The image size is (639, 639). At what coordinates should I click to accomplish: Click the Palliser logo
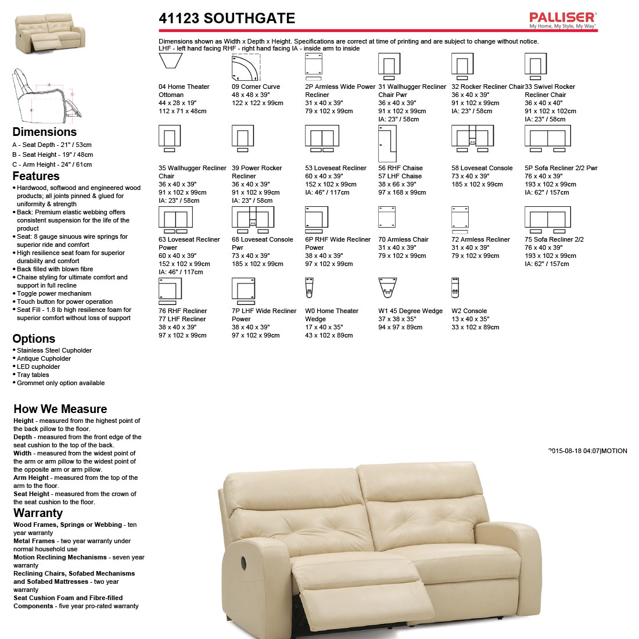point(562,20)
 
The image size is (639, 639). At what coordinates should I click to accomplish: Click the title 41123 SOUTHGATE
point(227,19)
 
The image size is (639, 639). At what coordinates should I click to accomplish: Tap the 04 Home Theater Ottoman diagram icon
point(170,61)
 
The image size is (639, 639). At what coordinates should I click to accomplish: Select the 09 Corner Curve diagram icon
point(246,67)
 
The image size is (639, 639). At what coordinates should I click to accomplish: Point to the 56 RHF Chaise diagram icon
point(387,143)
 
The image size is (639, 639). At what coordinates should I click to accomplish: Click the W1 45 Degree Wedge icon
point(387,288)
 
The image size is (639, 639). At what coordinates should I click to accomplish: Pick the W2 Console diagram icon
point(455,288)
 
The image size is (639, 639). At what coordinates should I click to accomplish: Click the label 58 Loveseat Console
point(482,168)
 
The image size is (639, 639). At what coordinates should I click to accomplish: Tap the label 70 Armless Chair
point(403,239)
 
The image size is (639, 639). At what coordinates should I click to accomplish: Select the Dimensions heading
point(44,132)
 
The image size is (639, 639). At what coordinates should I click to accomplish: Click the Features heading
point(36,176)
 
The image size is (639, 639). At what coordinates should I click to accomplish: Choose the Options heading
point(34,339)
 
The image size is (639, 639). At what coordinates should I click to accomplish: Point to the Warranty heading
point(38,513)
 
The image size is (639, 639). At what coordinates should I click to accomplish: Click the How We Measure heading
point(60,409)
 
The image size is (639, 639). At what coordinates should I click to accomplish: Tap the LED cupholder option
point(38,367)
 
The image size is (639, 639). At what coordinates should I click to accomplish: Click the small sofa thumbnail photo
point(50,33)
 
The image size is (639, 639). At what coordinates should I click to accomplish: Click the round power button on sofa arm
point(242,562)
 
